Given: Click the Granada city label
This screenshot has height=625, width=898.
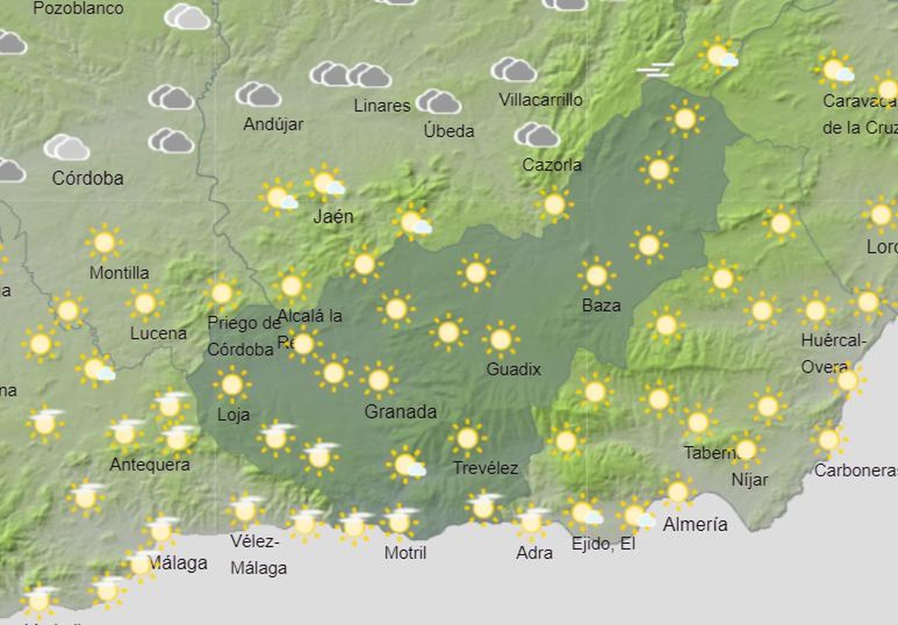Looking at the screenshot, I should click(x=400, y=412).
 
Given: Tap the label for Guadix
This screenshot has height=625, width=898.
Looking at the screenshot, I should click(x=513, y=369).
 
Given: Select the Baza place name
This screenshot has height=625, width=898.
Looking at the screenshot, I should click(x=601, y=306).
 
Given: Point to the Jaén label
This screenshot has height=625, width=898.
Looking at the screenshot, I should click(x=333, y=216).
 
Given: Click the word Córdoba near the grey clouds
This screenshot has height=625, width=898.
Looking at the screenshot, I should click(x=88, y=178).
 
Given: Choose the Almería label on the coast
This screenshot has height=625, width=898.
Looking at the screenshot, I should click(x=695, y=525).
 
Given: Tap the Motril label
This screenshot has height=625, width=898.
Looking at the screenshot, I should click(x=405, y=553).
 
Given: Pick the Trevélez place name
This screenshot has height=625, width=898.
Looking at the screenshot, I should click(x=485, y=468).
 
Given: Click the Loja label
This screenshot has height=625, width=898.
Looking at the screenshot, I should click(x=233, y=415).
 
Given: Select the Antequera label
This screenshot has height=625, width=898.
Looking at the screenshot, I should click(x=150, y=465).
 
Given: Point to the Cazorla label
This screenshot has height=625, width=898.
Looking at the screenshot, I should click(x=552, y=165).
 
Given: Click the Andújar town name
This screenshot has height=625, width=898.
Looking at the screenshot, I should click(x=273, y=124).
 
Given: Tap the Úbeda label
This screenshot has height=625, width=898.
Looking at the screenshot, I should click(x=448, y=131).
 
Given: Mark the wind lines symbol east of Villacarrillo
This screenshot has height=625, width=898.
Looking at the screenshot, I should click(x=655, y=70).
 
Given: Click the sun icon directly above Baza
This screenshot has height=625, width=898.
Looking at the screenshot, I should click(x=596, y=275).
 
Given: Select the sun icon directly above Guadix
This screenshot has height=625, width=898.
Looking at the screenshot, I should click(x=500, y=339).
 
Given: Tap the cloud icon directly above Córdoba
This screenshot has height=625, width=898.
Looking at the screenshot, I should click(x=67, y=148).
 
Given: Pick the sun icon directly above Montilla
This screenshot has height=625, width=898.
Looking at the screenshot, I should click(x=104, y=242).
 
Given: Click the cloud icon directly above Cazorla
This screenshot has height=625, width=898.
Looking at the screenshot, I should click(x=537, y=135).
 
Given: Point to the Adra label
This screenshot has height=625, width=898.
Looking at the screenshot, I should click(x=534, y=553).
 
